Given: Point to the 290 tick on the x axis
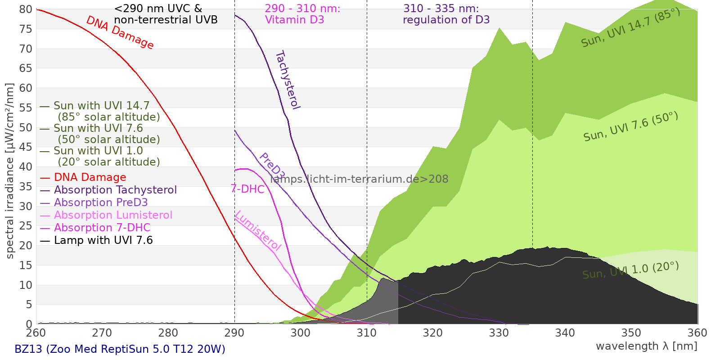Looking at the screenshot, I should click(x=234, y=333).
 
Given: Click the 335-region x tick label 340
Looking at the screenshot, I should click(x=565, y=333).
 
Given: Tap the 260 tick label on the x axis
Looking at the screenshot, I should click(x=36, y=333).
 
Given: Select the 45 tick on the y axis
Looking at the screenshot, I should click(x=26, y=147).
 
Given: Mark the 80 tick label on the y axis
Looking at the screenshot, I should click(x=26, y=9).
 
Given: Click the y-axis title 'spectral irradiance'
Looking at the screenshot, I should click(x=10, y=171).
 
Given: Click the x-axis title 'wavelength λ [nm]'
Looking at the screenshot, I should click(x=646, y=346).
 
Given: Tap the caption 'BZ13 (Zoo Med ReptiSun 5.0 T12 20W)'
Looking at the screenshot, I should click(x=120, y=349).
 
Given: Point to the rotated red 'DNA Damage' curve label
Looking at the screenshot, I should click(x=120, y=32).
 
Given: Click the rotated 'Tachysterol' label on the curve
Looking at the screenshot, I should click(x=288, y=80).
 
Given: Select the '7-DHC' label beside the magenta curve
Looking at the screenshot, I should click(x=247, y=189).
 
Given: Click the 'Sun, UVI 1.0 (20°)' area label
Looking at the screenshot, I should click(x=630, y=270).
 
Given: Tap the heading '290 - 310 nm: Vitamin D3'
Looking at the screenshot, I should click(x=302, y=14).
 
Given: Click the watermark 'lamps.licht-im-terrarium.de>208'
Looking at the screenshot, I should click(x=359, y=179).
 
